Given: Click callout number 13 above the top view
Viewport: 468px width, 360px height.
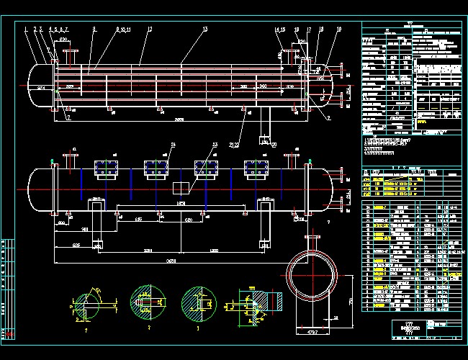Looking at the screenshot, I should coord(205,29).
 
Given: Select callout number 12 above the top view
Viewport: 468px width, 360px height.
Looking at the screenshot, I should coord(150,29).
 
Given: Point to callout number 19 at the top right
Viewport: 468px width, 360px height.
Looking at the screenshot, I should coord(320,29).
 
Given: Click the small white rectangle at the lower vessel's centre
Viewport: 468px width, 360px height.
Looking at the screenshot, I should coord(181,187).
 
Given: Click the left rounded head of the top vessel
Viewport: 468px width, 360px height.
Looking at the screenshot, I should coord(37,86).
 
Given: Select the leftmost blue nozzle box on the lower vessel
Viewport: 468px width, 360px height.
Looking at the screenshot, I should coord(104,167).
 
